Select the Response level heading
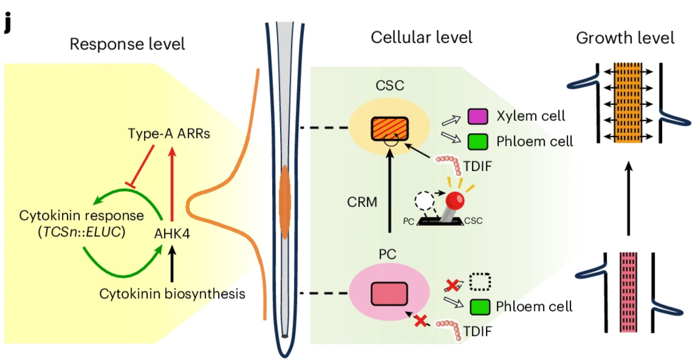(127, 44)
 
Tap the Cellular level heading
(422, 38)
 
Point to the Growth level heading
(625, 38)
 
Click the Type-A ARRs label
(169, 134)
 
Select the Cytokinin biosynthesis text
(172, 294)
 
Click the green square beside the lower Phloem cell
(480, 307)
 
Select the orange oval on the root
(284, 201)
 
